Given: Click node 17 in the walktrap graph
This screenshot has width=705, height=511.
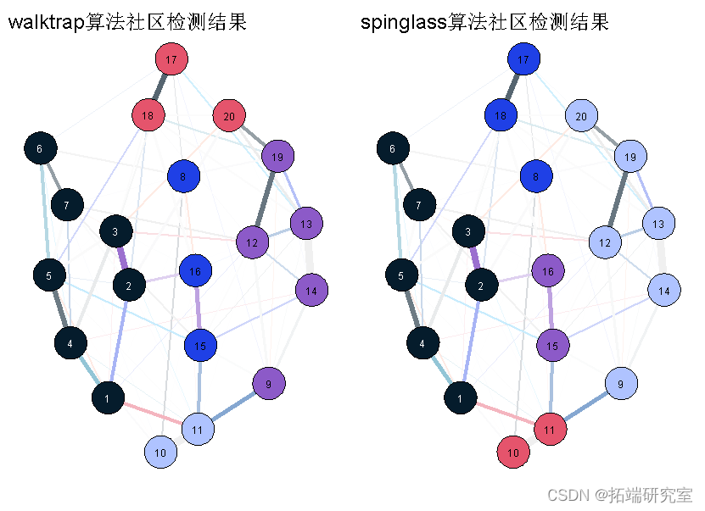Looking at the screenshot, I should (x=171, y=59).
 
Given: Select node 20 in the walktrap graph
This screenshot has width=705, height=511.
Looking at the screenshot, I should (x=229, y=115).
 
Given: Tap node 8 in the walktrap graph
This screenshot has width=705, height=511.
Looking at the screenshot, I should (x=183, y=176).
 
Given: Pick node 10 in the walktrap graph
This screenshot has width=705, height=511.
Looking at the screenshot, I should (x=159, y=451).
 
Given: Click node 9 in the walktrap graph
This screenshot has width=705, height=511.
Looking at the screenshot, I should (x=269, y=384).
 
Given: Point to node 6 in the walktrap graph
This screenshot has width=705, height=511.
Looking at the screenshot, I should (x=40, y=148).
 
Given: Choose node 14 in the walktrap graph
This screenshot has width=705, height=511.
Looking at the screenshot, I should (x=312, y=291).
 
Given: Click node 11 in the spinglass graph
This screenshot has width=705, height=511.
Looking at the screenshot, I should (x=549, y=429).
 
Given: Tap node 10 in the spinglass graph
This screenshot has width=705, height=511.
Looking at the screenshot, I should (x=512, y=452).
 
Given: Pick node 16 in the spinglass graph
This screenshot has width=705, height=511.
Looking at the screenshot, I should (x=548, y=271).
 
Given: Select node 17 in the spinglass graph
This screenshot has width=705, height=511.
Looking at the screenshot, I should (x=523, y=59).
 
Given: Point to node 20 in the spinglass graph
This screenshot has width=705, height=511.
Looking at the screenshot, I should (x=581, y=116).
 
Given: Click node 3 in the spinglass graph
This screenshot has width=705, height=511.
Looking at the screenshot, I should (x=467, y=231).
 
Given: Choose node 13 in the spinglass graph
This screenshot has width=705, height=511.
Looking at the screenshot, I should (x=658, y=224).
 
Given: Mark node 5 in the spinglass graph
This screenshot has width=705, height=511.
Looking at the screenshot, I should (x=400, y=275).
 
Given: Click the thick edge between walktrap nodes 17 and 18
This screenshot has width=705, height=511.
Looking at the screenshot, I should (x=159, y=87).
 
